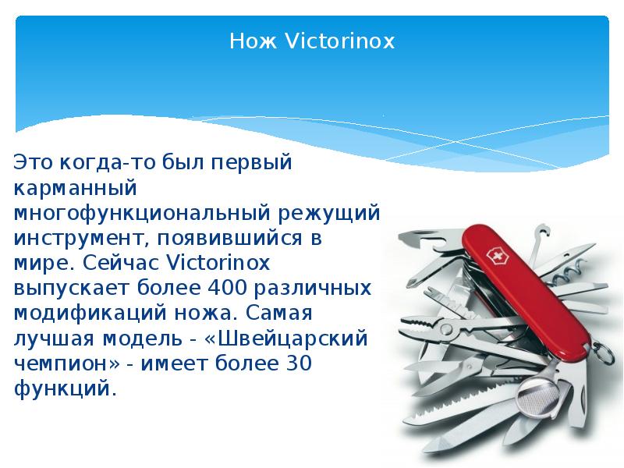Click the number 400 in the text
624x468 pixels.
click(230, 288)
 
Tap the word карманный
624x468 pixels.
click(76, 188)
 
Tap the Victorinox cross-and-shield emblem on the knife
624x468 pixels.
click(495, 258)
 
